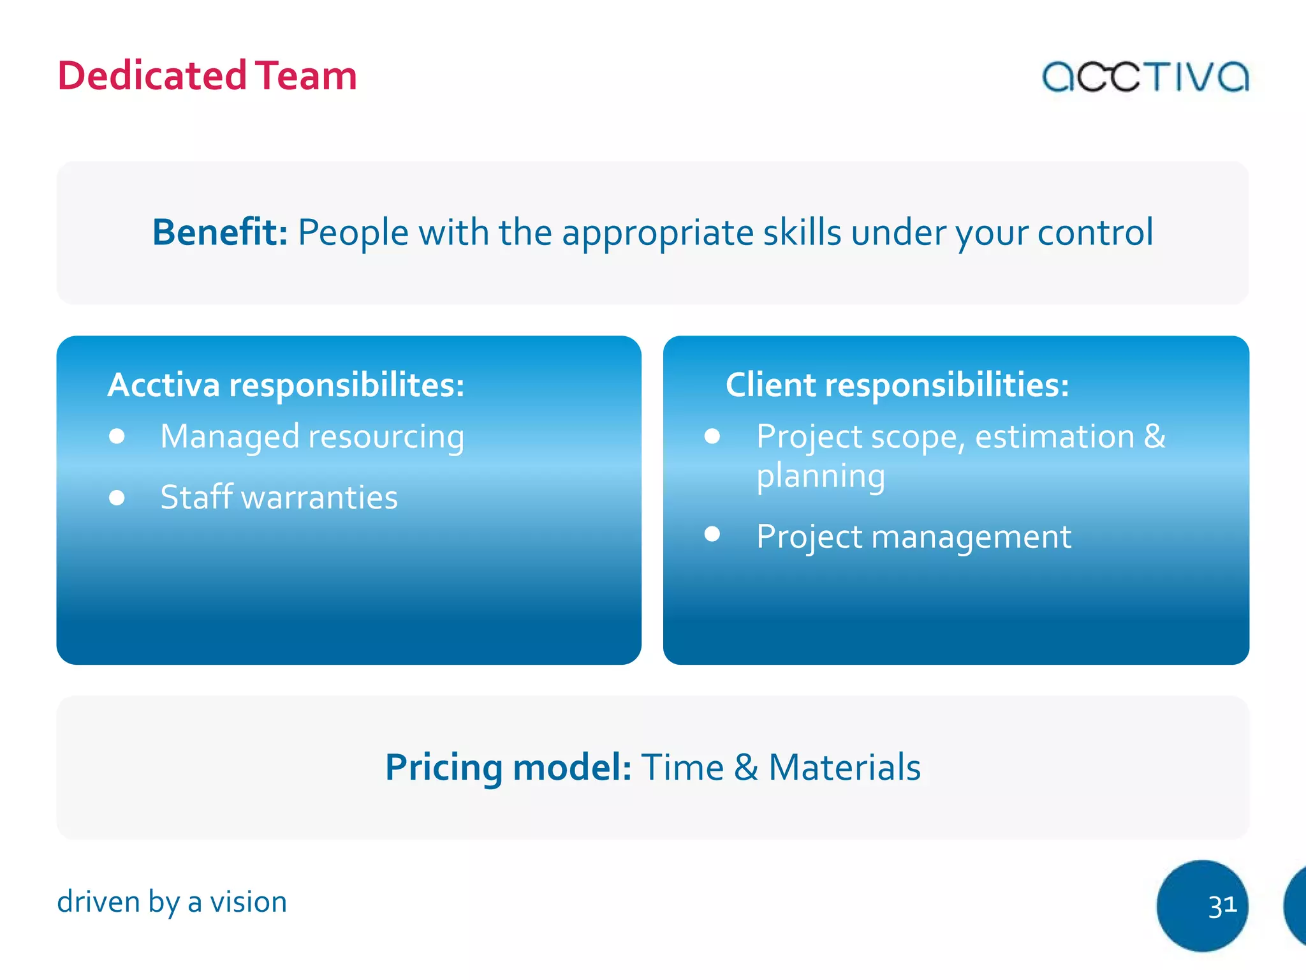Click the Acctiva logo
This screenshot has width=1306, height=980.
pyautogui.click(x=1145, y=77)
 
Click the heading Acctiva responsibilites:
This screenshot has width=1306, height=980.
pyautogui.click(x=286, y=385)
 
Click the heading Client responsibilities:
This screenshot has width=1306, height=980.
pyautogui.click(x=897, y=385)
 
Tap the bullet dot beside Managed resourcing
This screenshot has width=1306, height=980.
pyautogui.click(x=117, y=436)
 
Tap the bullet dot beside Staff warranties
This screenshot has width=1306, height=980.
pyautogui.click(x=117, y=497)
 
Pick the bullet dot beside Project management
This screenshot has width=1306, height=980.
pyautogui.click(x=712, y=534)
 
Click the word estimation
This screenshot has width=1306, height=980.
pyautogui.click(x=1055, y=437)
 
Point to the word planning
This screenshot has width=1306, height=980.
pyautogui.click(x=821, y=477)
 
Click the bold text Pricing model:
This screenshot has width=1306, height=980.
pyautogui.click(x=508, y=767)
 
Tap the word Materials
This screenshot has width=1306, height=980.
pyautogui.click(x=844, y=767)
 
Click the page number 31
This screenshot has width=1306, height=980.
pyautogui.click(x=1222, y=906)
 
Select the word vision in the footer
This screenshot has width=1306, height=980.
pyautogui.click(x=248, y=902)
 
